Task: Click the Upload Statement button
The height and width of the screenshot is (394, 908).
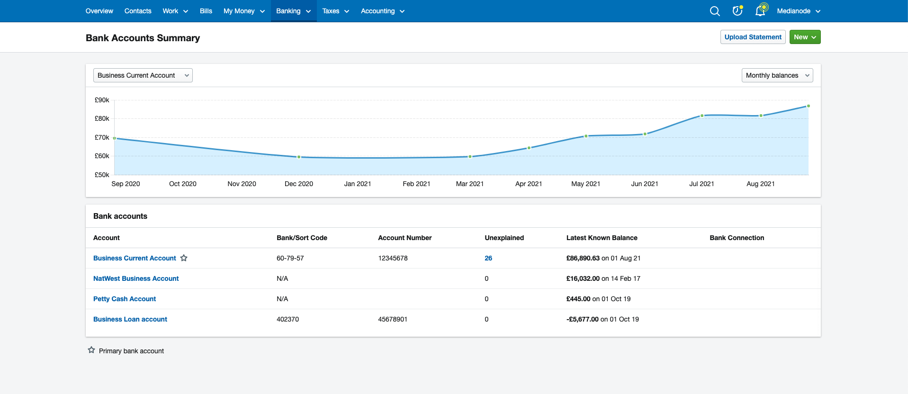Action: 753,37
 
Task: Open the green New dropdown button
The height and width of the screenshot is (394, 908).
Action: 805,37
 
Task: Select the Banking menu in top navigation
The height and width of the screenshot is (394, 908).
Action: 293,11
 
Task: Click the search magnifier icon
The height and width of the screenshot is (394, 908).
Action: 715,11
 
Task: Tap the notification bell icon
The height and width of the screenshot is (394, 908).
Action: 760,11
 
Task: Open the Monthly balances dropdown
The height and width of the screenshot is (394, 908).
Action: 777,75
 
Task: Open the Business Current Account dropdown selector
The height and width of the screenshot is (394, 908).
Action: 143,75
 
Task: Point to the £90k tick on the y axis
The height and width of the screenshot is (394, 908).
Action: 102,100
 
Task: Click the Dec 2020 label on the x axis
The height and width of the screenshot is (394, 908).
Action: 298,184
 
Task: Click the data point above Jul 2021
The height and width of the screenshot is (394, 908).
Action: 702,116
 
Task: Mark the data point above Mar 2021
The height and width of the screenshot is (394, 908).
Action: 470,156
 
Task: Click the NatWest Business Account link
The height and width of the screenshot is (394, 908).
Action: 136,278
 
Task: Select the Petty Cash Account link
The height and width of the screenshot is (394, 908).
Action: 125,299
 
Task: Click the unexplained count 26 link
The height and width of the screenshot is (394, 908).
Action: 488,258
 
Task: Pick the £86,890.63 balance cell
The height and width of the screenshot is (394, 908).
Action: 583,258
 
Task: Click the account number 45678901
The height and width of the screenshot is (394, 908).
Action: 393,319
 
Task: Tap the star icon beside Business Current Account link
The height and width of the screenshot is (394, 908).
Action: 184,258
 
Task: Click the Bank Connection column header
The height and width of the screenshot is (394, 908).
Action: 737,238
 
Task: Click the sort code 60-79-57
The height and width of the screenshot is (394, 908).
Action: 290,258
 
